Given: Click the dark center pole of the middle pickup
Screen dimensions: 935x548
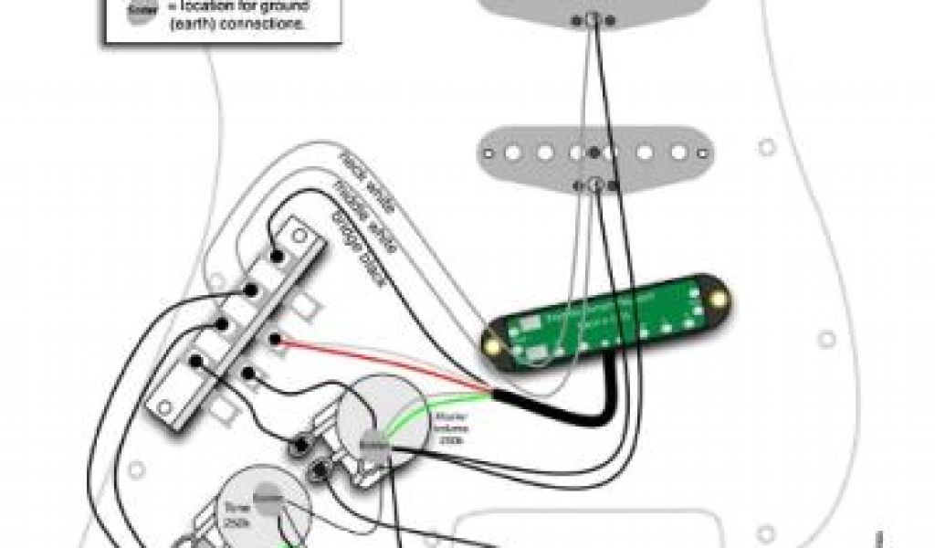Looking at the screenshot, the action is click(595, 151).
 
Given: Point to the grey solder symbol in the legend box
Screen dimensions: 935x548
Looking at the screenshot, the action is click(137, 11).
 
